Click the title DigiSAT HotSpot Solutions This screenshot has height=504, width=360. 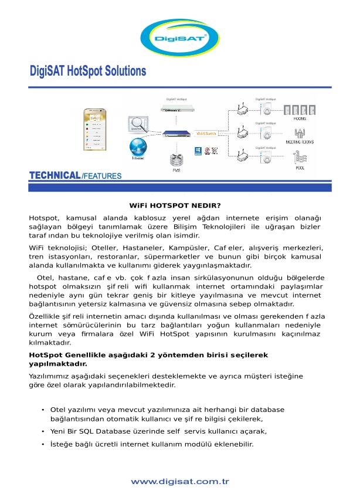(88, 71)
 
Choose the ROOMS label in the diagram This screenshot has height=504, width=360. (300, 119)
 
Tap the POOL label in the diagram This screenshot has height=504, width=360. (300, 168)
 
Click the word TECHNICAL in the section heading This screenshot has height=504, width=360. (55, 175)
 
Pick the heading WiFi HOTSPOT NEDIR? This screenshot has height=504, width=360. (175, 206)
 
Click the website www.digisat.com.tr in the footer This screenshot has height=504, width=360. (179, 482)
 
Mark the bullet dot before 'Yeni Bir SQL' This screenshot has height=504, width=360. (43, 431)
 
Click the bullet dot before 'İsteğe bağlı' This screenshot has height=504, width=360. (43, 444)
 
